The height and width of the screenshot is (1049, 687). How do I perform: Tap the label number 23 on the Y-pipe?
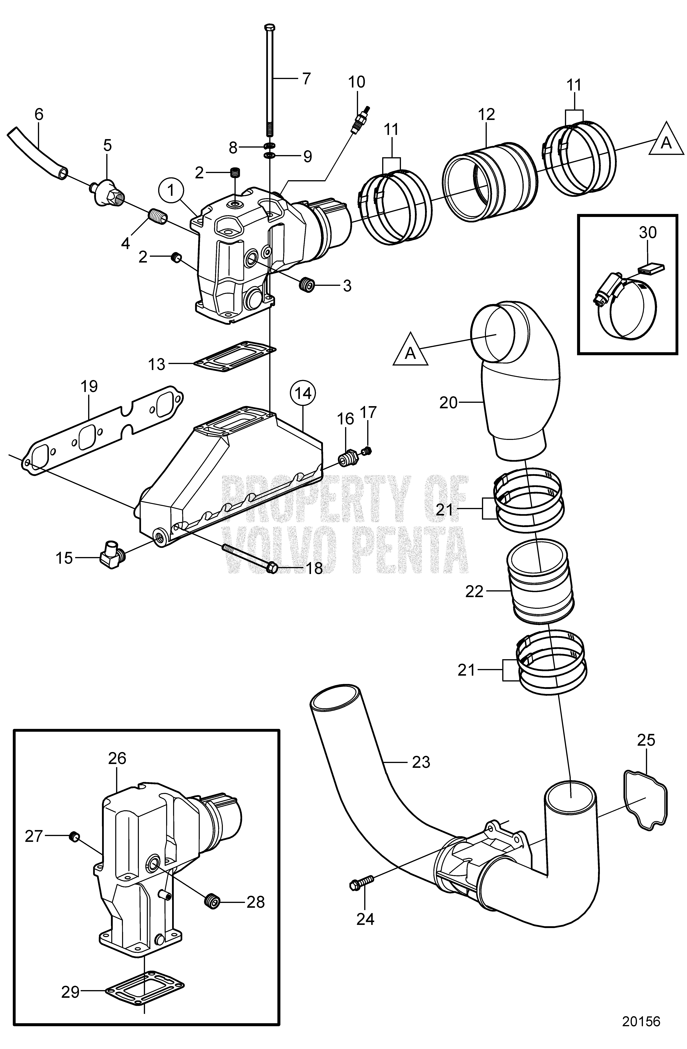pos(421,762)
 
